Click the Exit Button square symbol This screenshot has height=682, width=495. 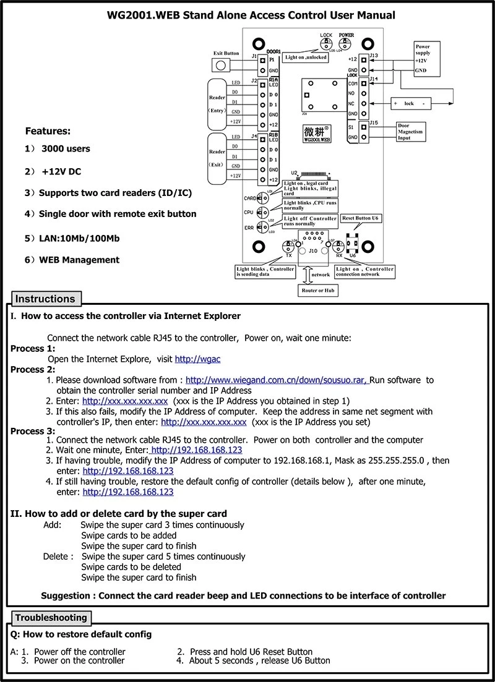218,66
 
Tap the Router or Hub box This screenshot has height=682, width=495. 318,290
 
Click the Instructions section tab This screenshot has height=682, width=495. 45,299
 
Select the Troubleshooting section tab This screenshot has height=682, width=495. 51,618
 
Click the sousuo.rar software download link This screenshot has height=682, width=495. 277,380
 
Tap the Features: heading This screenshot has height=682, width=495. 48,131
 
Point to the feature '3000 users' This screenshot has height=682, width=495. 66,148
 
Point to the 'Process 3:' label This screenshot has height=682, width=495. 33,431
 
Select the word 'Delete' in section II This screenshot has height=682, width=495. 56,556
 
